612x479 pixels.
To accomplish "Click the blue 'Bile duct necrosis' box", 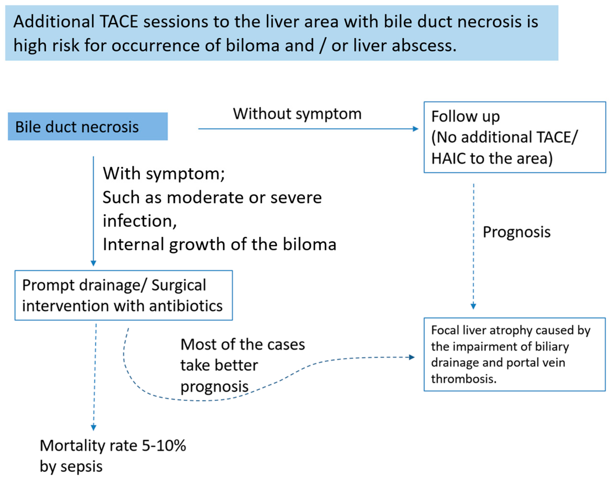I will pos(87,127).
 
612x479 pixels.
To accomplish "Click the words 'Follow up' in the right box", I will pos(465,116).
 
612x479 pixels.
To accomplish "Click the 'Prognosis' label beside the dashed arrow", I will pos(516,232).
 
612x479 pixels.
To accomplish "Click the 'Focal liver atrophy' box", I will pos(514,354).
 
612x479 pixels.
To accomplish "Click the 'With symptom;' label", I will pos(164,174).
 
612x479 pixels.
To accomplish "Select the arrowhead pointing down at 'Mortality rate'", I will pos(94,427).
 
